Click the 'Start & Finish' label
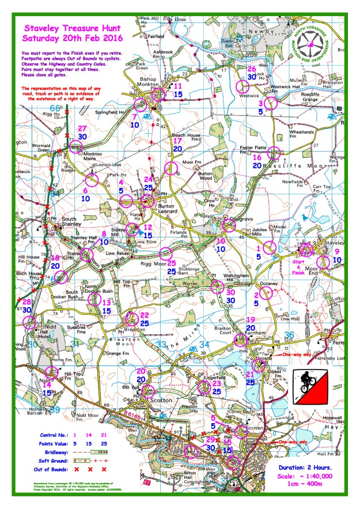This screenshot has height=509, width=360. (x=299, y=264)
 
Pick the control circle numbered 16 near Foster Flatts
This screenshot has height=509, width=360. (x=274, y=153)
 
